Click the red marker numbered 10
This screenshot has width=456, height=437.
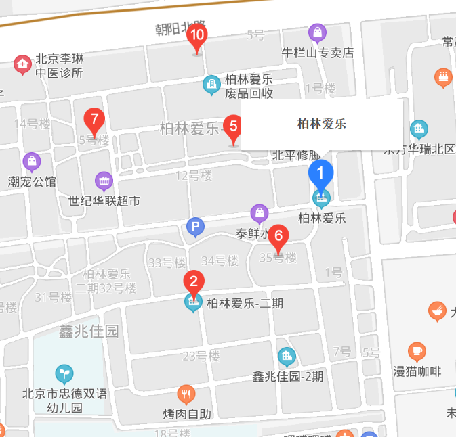click(197, 37)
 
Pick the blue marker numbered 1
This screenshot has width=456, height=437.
click(320, 174)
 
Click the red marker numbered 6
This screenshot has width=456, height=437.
click(278, 237)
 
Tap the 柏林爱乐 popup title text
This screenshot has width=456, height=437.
click(322, 124)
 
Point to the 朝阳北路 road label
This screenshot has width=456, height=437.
click(180, 28)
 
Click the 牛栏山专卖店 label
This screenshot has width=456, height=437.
click(318, 52)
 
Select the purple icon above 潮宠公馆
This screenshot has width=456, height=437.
click(31, 162)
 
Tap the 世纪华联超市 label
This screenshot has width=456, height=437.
click(104, 200)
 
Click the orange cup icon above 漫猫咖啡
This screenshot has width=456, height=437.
click(417, 351)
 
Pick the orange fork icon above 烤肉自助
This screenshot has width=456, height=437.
click(186, 394)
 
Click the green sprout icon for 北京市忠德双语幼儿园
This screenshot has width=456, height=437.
click(64, 373)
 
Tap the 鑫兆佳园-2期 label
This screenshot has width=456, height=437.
click(288, 375)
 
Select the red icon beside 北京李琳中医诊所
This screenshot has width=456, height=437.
click(22, 64)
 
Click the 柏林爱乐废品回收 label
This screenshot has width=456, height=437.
click(249, 86)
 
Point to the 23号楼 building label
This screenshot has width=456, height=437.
click(202, 356)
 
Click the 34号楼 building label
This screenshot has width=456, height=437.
click(220, 260)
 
